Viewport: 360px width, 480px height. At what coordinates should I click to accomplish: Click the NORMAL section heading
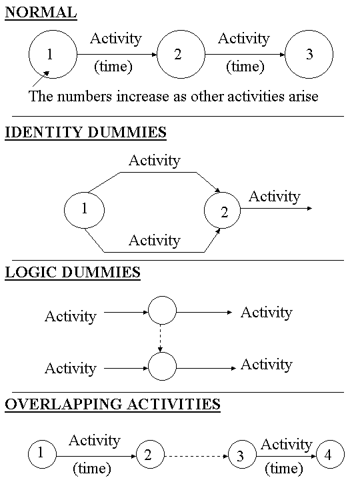click(x=41, y=13)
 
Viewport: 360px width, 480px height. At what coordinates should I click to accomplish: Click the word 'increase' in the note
click(x=143, y=97)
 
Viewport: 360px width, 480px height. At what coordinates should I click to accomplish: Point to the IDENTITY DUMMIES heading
click(x=86, y=133)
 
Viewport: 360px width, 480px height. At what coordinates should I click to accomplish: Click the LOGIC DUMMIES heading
click(x=73, y=272)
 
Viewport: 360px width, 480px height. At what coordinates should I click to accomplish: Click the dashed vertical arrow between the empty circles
click(x=161, y=338)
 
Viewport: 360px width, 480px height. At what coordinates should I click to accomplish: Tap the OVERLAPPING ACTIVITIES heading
click(x=113, y=404)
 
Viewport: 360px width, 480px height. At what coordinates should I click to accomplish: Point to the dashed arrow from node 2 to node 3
click(x=197, y=457)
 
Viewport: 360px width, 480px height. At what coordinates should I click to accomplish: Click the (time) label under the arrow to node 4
click(x=284, y=469)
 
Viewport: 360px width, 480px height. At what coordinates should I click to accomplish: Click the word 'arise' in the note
click(x=303, y=97)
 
